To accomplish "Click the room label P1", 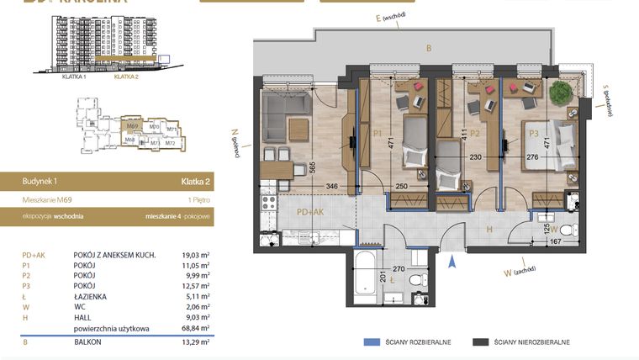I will tap(378, 133).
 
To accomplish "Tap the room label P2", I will tap(475, 133).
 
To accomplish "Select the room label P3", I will tap(532, 133).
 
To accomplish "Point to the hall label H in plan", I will tap(488, 229).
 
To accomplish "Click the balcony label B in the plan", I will tap(428, 49).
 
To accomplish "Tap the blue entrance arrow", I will tap(452, 262).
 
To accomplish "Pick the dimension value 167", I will tap(554, 243).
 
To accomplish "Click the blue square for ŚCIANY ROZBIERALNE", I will tap(369, 342).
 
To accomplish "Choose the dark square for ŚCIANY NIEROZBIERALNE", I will tap(480, 342).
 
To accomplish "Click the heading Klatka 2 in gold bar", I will tap(195, 181).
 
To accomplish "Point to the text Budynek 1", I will tap(41, 181).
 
